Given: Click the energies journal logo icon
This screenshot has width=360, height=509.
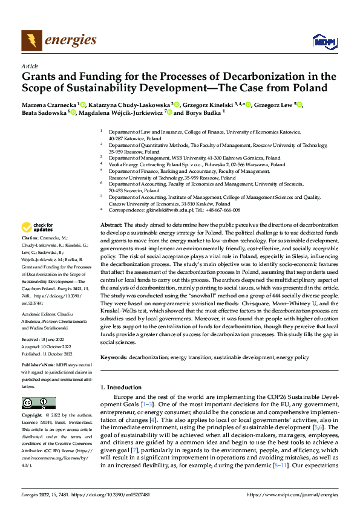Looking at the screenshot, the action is pyautogui.click(x=30, y=40).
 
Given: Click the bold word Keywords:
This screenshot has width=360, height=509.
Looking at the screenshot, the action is pyautogui.click(x=113, y=357).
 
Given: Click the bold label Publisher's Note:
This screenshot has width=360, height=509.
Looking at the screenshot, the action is pyautogui.click(x=38, y=366).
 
